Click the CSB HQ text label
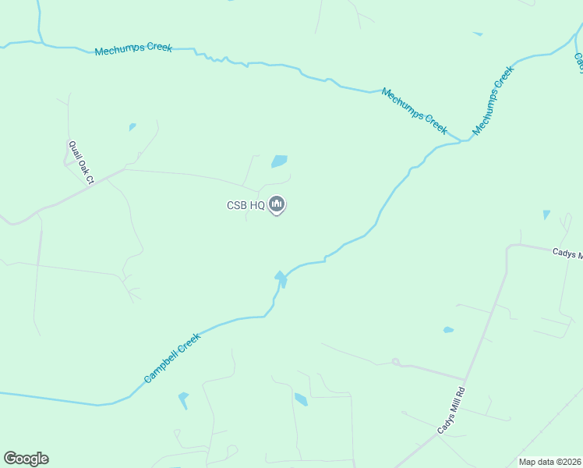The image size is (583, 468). click(x=246, y=206)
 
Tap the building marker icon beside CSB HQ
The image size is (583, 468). click(x=276, y=205)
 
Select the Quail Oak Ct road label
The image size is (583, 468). click(x=80, y=162)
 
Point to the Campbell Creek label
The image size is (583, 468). click(x=172, y=358)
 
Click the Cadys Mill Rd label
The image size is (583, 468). click(x=450, y=411)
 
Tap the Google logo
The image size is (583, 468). click(x=26, y=459)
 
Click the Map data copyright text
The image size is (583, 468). click(x=549, y=462)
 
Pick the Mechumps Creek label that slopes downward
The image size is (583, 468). click(x=414, y=110)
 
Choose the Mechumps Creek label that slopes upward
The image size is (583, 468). click(x=493, y=101)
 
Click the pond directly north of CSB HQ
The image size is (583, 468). click(x=279, y=161)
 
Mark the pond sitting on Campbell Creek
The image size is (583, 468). click(x=281, y=277)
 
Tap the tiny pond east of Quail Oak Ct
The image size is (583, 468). click(x=132, y=126)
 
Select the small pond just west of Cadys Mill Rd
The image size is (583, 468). click(x=448, y=330)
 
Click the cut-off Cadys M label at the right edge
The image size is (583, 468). click(x=567, y=253)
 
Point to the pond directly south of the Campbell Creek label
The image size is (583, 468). click(x=183, y=400)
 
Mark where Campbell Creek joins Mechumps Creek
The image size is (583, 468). click(x=465, y=140)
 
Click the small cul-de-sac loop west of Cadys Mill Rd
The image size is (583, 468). click(x=395, y=362)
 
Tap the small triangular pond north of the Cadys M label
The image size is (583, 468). click(x=546, y=214)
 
